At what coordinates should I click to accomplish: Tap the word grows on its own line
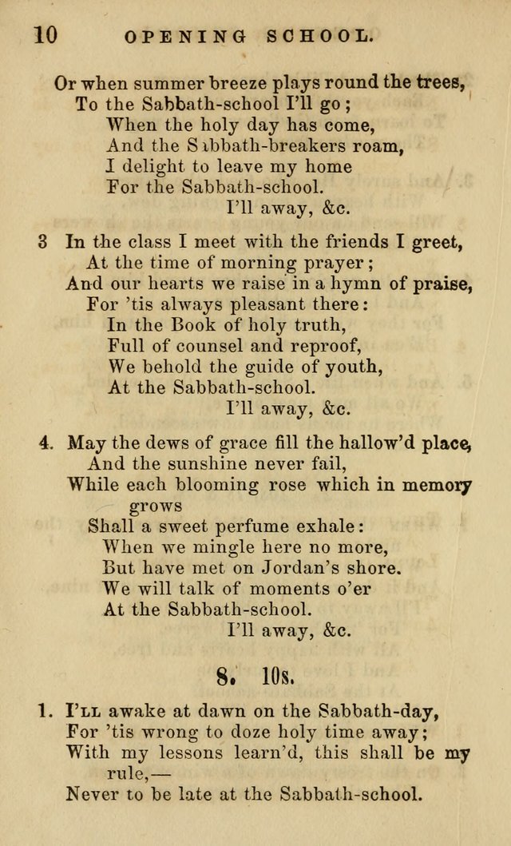(x=156, y=506)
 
